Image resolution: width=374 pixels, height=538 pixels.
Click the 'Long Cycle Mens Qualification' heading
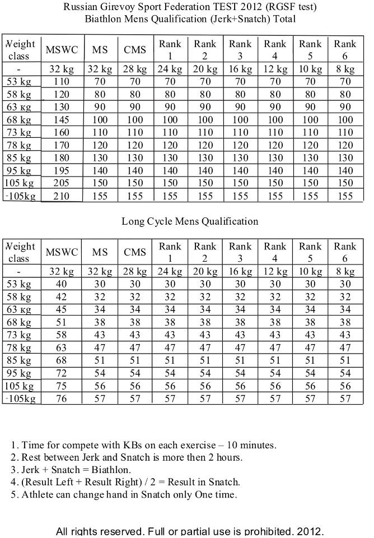click(190, 221)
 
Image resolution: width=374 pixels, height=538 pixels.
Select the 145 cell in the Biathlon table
click(62, 119)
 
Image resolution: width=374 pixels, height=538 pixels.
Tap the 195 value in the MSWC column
click(62, 170)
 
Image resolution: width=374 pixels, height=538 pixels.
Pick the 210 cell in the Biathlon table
click(62, 196)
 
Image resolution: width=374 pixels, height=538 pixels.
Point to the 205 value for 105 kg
click(62, 183)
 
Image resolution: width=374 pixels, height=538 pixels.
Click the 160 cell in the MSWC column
click(62, 132)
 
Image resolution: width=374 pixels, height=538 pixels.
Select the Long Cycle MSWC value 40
click(62, 284)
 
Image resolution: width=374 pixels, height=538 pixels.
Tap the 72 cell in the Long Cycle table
click(62, 373)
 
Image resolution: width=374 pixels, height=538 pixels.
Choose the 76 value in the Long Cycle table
click(62, 398)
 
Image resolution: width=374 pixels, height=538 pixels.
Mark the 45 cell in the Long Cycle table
click(62, 309)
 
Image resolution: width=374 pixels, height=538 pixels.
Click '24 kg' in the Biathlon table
click(170, 69)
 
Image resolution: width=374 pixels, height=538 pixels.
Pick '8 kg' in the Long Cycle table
click(345, 272)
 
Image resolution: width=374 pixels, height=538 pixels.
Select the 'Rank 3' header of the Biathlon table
click(240, 49)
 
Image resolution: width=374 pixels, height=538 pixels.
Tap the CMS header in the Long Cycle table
click(135, 252)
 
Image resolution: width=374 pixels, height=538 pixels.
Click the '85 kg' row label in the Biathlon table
click(20, 157)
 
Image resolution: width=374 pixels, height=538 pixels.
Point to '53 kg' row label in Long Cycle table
click(20, 284)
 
